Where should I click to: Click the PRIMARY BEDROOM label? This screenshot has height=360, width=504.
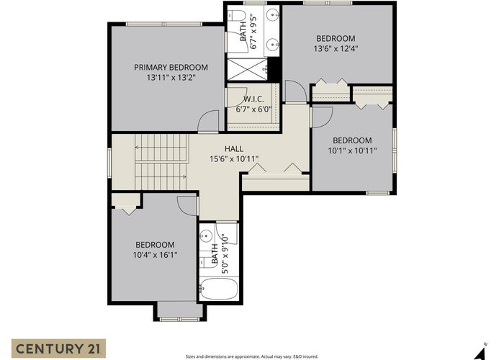coord(171,68)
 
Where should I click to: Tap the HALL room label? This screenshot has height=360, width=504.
coord(234,149)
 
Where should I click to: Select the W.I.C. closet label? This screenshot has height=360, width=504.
coord(253,99)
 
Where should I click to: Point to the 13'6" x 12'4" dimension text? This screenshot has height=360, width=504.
coord(336,49)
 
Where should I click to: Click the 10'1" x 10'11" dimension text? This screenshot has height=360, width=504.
coord(352,150)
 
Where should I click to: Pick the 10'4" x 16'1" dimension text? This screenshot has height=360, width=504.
coord(156,255)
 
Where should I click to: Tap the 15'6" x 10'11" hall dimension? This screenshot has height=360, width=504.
coord(234,159)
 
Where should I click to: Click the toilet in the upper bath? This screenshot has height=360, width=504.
coord(237,15)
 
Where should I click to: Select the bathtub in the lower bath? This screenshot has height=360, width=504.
coord(219,289)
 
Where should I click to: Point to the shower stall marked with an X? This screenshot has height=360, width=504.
coord(247,69)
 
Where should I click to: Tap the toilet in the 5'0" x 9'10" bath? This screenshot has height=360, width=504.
coord(204,262)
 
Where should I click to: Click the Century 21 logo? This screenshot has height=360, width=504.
coord(58,348)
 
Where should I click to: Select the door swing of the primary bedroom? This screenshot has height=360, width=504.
coord(208,121)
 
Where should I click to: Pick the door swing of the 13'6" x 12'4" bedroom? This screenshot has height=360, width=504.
coord(296,91)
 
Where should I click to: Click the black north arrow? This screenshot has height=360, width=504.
coord(480,354)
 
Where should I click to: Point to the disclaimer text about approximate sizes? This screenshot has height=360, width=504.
coord(252,356)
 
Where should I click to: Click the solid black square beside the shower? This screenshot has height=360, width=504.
coord(273,68)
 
